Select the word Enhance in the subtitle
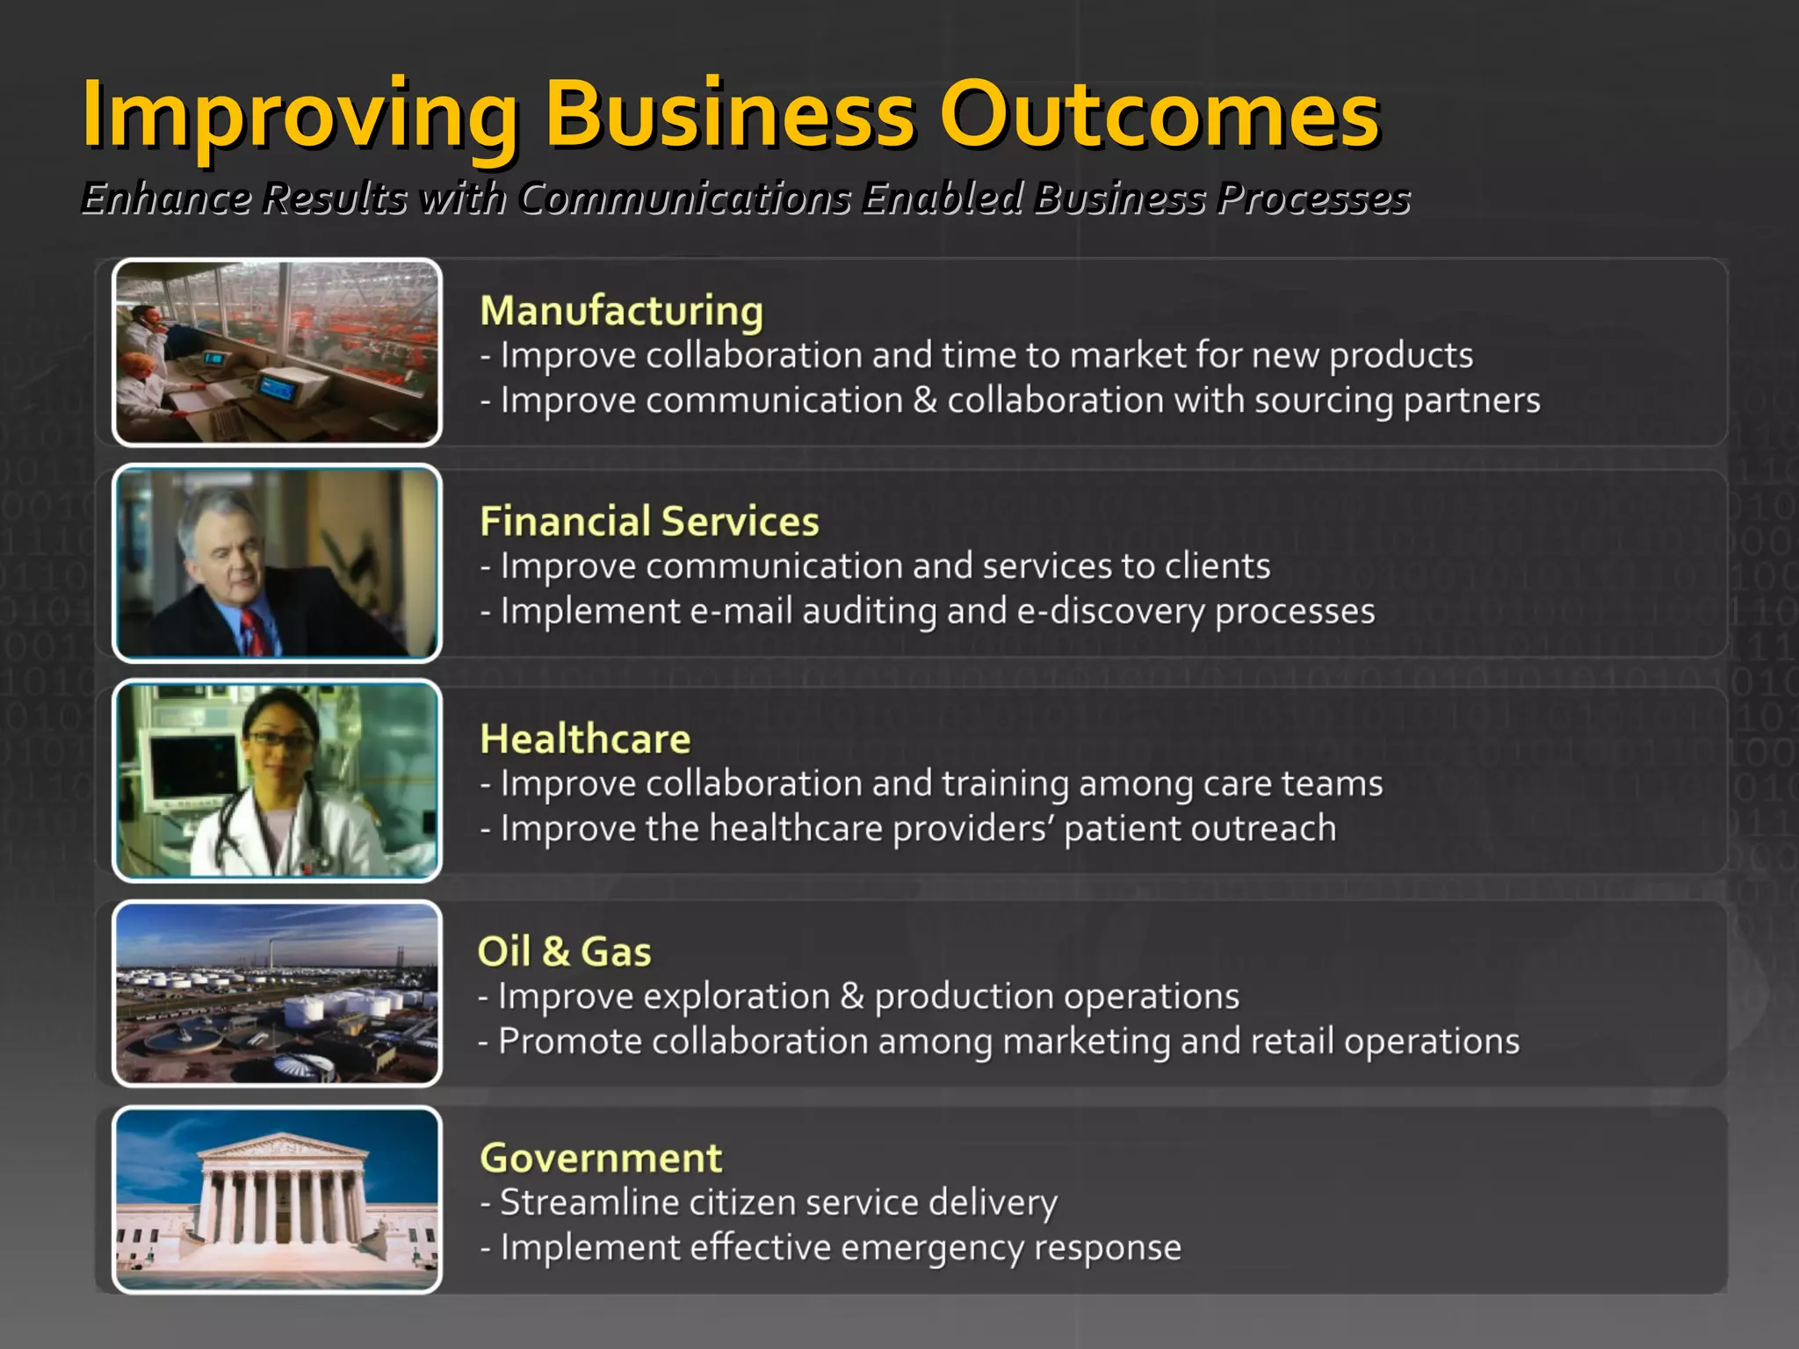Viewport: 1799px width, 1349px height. click(167, 198)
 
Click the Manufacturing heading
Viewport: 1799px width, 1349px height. click(622, 311)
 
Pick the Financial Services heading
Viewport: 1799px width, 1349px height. click(649, 521)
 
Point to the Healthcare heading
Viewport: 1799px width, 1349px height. click(585, 739)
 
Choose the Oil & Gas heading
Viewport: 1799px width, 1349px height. click(564, 951)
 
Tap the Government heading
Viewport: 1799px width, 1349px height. click(601, 1158)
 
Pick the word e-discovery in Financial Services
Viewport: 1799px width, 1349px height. click(1109, 610)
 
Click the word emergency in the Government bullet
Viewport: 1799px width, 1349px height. click(932, 1247)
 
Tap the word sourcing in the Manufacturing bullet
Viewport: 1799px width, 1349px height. click(1323, 400)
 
